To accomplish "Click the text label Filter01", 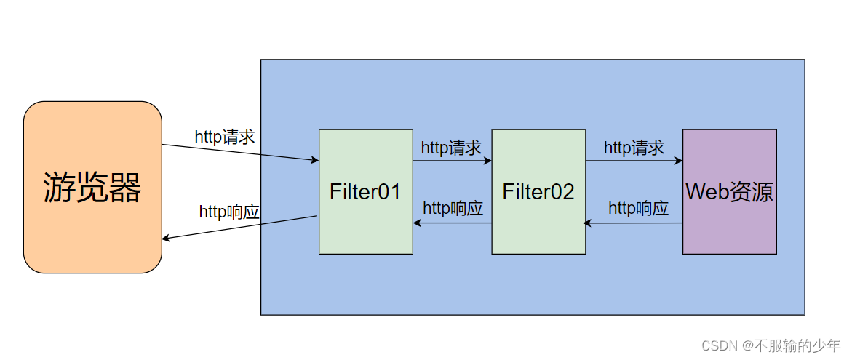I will tap(365, 192).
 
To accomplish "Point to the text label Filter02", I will tap(538, 192).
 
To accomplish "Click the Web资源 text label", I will tap(729, 192).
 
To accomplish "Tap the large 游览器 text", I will tap(92, 188).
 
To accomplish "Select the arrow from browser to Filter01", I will tap(240, 152).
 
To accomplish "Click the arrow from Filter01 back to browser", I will tap(240, 228).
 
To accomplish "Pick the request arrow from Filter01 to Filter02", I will tap(452, 161).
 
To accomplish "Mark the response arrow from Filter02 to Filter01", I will tap(452, 223).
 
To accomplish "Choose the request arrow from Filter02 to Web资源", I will tap(634, 161).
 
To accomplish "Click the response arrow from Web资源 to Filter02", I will tap(634, 223).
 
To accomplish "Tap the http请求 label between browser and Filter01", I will tap(225, 137).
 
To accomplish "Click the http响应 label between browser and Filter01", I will tap(229, 212).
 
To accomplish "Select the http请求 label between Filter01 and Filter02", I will tap(451, 148).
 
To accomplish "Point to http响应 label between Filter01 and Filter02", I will tap(453, 208).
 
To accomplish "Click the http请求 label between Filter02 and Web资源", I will tap(634, 148).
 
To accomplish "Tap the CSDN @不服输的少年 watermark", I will tap(771, 345).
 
